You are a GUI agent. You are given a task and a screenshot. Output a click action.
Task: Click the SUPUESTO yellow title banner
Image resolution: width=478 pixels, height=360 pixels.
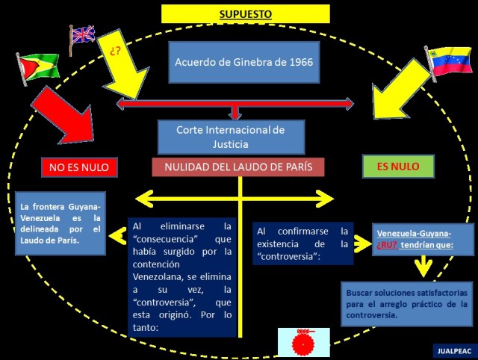[x=245, y=13]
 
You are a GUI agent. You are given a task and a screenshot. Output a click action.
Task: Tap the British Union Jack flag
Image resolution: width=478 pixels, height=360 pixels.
[x=82, y=35]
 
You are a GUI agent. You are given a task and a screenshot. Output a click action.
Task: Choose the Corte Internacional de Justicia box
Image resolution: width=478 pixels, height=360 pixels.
[x=231, y=137]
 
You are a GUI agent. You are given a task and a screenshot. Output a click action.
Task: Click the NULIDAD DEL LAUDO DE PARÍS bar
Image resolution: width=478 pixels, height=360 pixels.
[x=238, y=167]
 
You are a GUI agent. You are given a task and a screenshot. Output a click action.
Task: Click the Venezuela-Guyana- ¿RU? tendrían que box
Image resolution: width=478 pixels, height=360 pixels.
[x=423, y=240]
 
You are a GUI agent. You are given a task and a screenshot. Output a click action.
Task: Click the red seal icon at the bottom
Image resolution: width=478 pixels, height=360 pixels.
[x=304, y=342]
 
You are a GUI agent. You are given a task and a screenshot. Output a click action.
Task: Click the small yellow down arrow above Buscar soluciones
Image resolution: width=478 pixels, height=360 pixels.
[x=423, y=266]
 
